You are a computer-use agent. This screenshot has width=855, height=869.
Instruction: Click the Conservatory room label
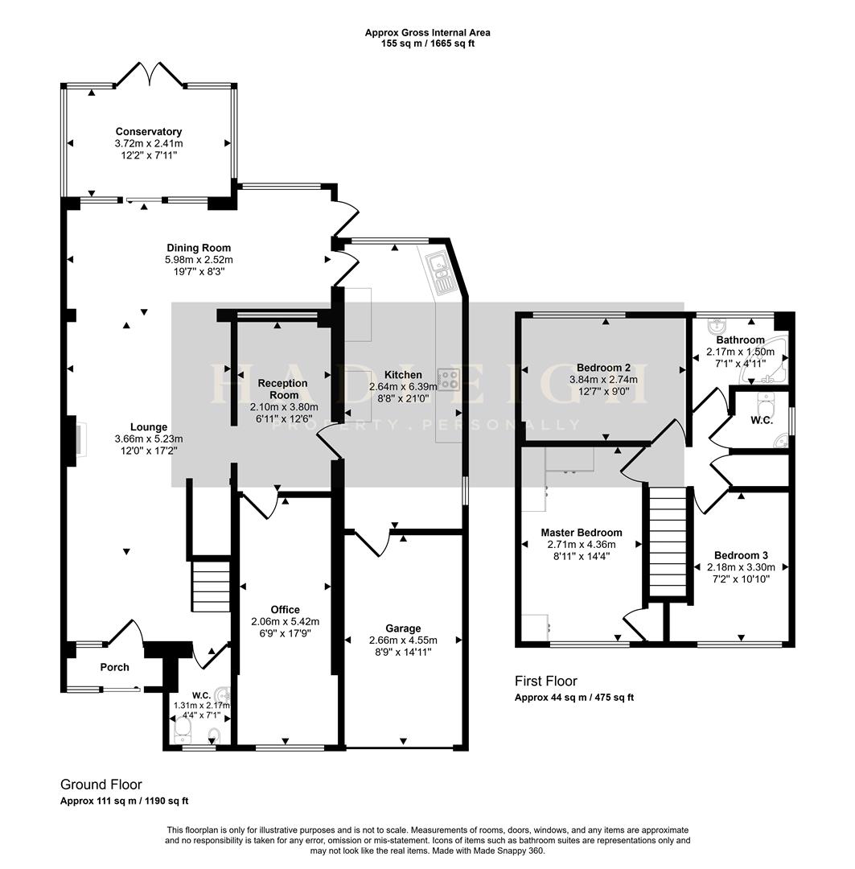click(148, 132)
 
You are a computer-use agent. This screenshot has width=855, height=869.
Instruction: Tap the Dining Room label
click(199, 248)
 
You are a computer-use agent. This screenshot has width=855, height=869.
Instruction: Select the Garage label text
click(402, 628)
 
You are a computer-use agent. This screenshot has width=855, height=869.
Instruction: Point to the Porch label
click(114, 667)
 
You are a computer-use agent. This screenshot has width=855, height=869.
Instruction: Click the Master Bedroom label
click(581, 533)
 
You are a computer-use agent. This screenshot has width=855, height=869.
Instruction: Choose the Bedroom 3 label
click(741, 556)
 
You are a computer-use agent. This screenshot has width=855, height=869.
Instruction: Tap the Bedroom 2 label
click(603, 369)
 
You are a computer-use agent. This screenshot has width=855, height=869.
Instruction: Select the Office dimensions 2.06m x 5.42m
click(285, 621)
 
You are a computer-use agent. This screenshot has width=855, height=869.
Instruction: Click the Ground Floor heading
click(101, 785)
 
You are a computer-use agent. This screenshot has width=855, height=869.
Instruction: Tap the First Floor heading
click(546, 682)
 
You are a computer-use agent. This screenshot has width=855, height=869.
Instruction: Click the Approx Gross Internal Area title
click(427, 33)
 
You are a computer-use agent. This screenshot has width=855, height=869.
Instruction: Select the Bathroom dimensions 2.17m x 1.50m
click(740, 352)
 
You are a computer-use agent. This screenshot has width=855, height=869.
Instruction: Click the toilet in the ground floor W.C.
click(183, 729)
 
